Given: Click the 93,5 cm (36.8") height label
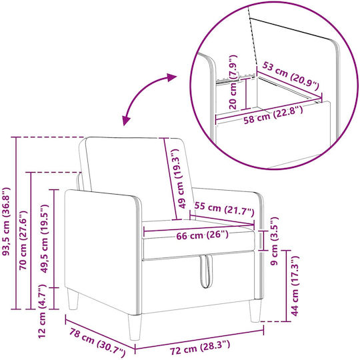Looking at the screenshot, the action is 6,221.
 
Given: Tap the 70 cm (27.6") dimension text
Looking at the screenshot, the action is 23,240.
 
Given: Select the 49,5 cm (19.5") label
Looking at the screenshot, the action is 44,239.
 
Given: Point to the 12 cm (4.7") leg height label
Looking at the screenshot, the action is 42,311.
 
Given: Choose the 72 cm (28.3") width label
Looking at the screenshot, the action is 200,347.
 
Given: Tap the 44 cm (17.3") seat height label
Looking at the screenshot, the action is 295,286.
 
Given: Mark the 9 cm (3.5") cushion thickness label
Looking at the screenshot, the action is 274,241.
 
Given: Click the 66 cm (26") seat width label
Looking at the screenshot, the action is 202,235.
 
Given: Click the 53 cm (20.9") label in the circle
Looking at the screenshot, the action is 291,76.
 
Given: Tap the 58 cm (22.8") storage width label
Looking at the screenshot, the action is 273,115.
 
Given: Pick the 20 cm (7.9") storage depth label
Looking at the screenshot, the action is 233,82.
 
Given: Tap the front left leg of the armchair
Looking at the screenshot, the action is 135,327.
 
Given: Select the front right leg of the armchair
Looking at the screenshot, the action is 255,311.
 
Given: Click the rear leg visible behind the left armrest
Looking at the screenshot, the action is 73,299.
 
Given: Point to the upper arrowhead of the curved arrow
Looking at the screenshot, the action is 171,77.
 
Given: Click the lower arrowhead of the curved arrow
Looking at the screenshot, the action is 126,121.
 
